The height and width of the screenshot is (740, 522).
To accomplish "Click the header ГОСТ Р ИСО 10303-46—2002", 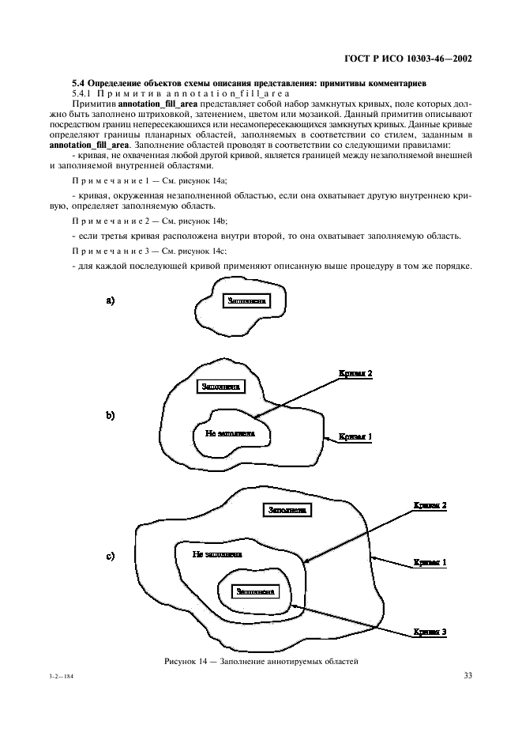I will [408, 59].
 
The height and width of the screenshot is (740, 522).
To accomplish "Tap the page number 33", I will [467, 675].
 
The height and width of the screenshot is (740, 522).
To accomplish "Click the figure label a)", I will [111, 300].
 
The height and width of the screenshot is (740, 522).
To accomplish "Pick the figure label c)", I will [111, 556].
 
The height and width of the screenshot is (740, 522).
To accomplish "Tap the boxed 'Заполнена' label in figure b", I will [222, 387].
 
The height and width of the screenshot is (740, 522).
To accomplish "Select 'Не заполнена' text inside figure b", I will [230, 433].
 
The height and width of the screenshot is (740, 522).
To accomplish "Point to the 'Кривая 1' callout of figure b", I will [355, 436].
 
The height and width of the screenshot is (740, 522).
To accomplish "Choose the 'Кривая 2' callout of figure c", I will [430, 504].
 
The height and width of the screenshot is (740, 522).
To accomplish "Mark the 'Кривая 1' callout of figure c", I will [430, 563].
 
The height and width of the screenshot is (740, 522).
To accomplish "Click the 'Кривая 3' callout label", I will [430, 632].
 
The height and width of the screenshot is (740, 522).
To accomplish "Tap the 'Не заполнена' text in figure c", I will [218, 554].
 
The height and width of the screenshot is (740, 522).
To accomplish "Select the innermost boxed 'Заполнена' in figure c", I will [255, 591].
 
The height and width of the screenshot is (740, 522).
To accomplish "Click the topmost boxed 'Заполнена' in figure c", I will [287, 510].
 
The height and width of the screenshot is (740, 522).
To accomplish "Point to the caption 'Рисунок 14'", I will [261, 660].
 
